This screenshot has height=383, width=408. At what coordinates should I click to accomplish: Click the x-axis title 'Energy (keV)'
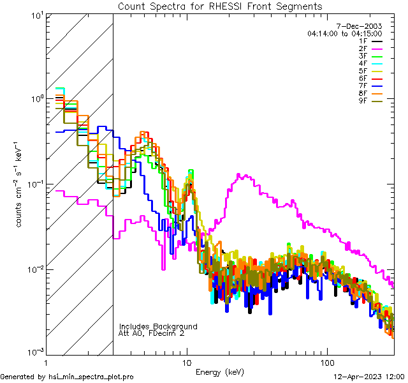[x=219, y=372]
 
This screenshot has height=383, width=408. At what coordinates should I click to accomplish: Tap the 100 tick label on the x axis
[x=326, y=362]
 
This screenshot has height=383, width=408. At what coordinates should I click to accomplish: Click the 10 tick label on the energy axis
[x=186, y=362]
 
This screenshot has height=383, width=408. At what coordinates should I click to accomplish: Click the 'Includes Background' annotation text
[x=158, y=327]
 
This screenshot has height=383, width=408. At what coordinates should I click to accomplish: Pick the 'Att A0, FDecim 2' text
[x=151, y=334]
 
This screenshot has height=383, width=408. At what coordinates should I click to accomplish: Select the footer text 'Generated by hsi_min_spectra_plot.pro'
[x=67, y=377]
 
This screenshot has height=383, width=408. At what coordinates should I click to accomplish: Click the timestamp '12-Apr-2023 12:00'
[x=368, y=377]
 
